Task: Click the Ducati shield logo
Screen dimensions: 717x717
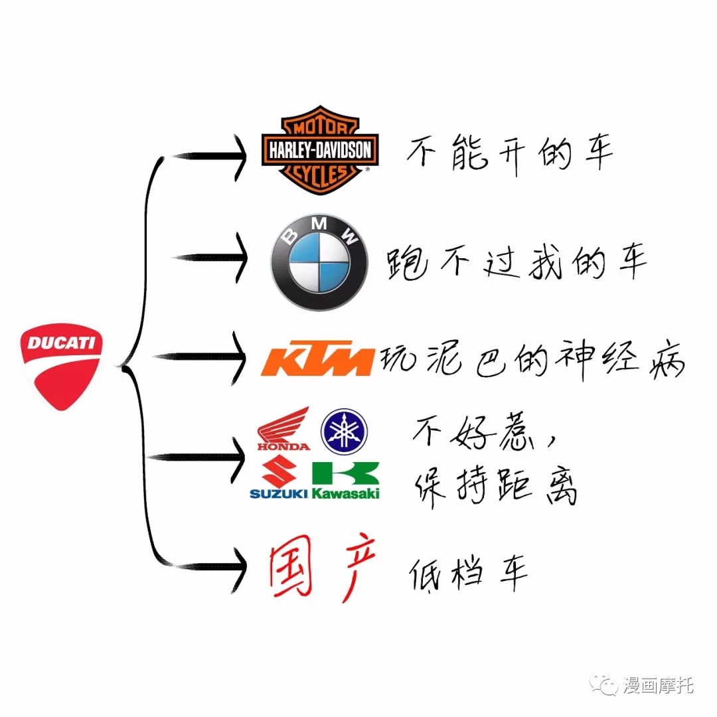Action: pyautogui.click(x=61, y=366)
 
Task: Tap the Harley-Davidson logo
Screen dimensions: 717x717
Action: pyautogui.click(x=320, y=150)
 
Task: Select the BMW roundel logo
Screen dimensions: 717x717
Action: pyautogui.click(x=319, y=262)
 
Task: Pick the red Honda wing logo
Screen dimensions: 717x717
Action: pyautogui.click(x=283, y=428)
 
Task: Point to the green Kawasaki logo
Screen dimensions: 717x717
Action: pyautogui.click(x=346, y=480)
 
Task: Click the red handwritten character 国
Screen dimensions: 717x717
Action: pyautogui.click(x=291, y=566)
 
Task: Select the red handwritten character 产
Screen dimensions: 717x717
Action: pyautogui.click(x=357, y=567)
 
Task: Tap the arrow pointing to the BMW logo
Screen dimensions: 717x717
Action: pyautogui.click(x=210, y=258)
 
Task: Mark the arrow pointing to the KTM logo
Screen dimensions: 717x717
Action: pyautogui.click(x=200, y=357)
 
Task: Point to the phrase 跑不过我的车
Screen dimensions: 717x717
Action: pyautogui.click(x=517, y=262)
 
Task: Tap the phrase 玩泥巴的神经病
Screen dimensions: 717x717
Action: pyautogui.click(x=532, y=360)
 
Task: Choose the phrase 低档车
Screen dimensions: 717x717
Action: pyautogui.click(x=468, y=574)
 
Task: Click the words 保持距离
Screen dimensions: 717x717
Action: pyautogui.click(x=496, y=487)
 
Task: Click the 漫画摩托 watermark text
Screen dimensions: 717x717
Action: pyautogui.click(x=657, y=685)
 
